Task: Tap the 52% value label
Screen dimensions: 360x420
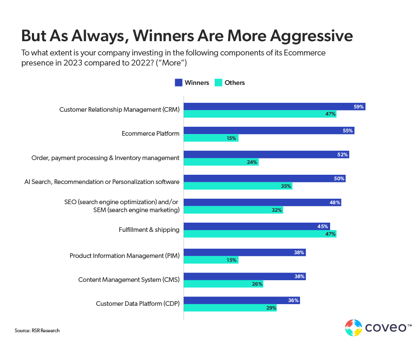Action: click(342, 155)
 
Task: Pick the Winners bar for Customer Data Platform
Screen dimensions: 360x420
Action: click(242, 300)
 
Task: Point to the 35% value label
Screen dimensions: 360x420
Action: click(286, 186)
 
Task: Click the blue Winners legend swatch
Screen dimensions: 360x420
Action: click(178, 83)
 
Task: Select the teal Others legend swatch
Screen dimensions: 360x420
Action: click(218, 83)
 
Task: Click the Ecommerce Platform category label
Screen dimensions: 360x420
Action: click(150, 134)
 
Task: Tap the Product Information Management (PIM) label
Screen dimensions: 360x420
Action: click(124, 255)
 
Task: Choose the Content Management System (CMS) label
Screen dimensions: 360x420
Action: click(129, 279)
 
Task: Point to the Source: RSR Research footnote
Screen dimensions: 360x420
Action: click(37, 331)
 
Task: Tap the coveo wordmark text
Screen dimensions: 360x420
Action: click(385, 328)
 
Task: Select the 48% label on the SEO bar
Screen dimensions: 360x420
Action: click(335, 202)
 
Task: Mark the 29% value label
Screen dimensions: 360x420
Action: click(271, 308)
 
